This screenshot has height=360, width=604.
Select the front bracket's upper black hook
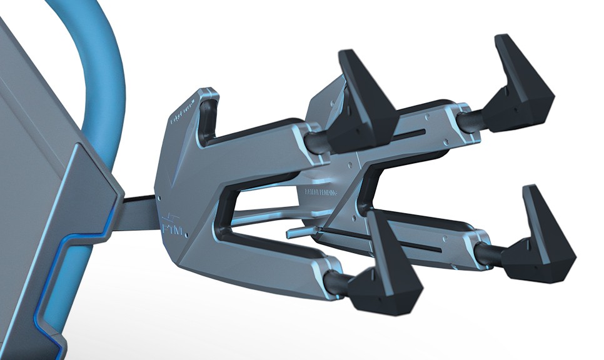pos(363,106)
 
